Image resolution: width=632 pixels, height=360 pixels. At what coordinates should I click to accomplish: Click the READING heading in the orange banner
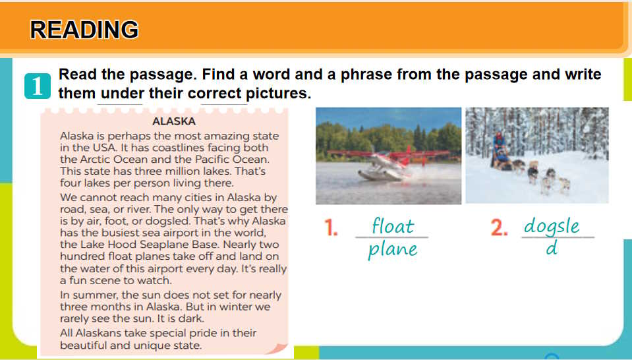click(84, 30)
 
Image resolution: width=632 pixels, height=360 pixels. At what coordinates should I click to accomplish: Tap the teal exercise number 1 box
click(38, 86)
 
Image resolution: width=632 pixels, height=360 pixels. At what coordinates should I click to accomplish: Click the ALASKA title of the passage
click(174, 121)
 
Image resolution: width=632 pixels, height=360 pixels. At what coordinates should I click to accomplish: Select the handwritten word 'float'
click(393, 225)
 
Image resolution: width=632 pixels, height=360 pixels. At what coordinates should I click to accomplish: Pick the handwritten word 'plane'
click(393, 249)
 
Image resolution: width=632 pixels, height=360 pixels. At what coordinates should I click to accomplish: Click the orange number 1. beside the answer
click(331, 227)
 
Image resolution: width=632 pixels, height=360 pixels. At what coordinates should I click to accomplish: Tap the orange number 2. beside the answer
click(499, 227)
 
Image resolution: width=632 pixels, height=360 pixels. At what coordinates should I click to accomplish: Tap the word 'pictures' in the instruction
click(277, 93)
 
